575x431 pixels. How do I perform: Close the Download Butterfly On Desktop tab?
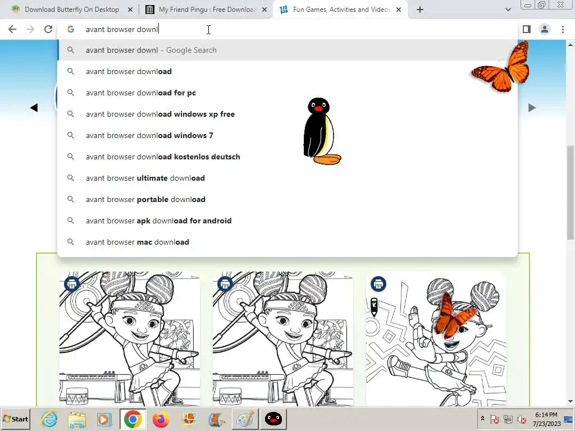point(130,10)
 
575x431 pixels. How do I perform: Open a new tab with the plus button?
point(420,10)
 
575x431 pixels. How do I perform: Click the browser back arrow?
point(12,29)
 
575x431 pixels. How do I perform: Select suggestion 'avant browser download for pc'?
point(141,93)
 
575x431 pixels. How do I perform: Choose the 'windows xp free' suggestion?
point(160,114)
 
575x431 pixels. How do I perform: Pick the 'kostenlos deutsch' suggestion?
point(163,157)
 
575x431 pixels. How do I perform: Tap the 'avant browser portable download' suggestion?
point(145,199)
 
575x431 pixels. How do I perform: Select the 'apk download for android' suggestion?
point(158,221)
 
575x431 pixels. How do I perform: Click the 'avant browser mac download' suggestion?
point(138,242)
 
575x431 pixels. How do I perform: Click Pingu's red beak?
point(318,108)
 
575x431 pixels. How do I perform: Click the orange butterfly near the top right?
point(501,67)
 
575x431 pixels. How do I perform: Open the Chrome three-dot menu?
point(563,29)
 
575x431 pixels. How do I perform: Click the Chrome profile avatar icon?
point(545,29)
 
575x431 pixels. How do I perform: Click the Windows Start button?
point(15,419)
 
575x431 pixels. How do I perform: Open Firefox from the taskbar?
point(161,419)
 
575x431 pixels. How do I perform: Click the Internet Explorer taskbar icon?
point(49,419)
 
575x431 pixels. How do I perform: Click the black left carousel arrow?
point(34,108)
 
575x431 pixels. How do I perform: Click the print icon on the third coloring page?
point(378,284)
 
